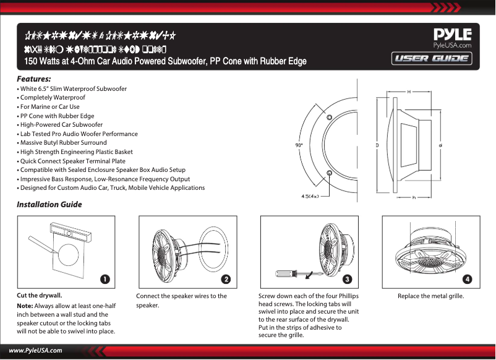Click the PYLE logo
(452, 34)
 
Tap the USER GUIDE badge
(430, 59)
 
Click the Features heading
(33, 79)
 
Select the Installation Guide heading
(49, 205)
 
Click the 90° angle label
(298, 145)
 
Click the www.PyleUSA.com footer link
(35, 351)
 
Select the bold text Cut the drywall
(39, 296)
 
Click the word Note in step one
(24, 306)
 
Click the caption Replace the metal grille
(430, 296)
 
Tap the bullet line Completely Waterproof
(53, 98)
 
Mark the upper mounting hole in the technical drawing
(329, 117)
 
